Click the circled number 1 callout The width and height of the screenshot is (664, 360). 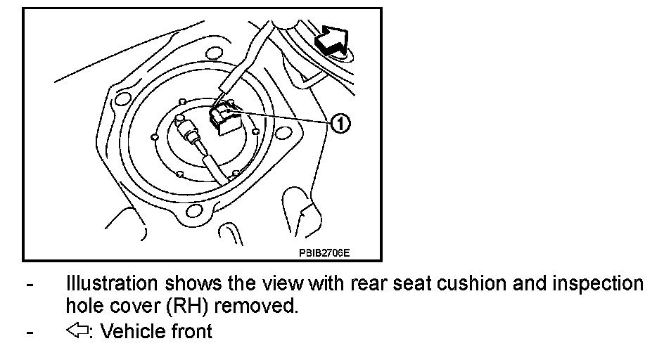point(339,124)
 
